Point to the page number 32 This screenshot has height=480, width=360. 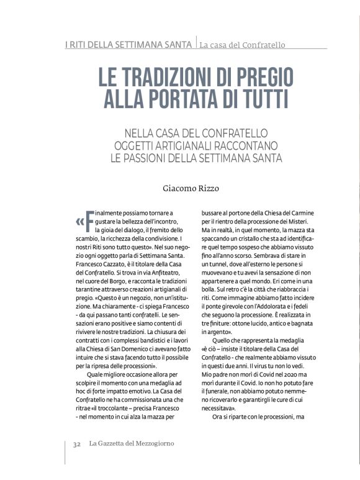(x=78, y=443)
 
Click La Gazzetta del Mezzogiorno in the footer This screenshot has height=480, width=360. (x=130, y=443)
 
